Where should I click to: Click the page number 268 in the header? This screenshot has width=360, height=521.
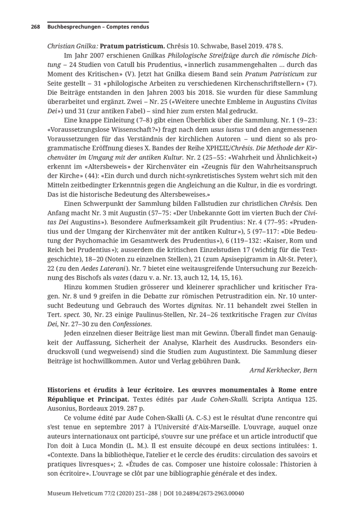[35, 27]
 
